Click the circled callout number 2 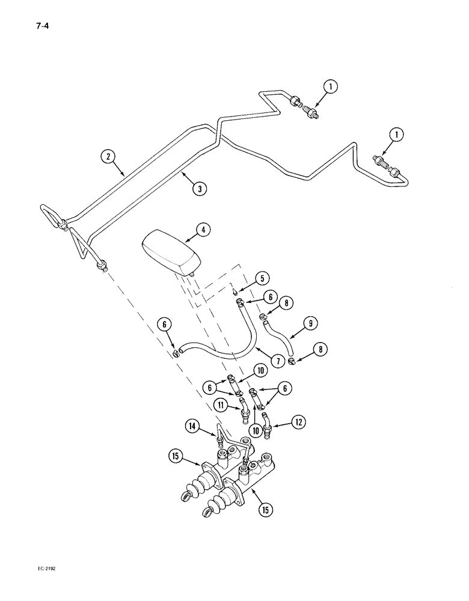tap(108, 157)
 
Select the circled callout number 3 tap(200, 188)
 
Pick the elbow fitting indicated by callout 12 tap(268, 423)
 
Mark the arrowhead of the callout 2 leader tap(124, 175)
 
